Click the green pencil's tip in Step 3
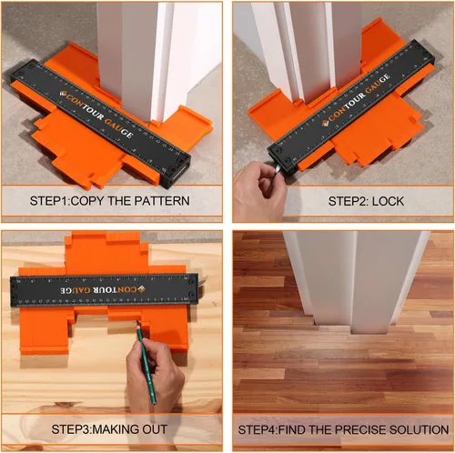point(137,322)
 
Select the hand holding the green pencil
point(155,376)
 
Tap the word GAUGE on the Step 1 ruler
point(118,128)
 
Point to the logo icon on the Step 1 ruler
point(63,94)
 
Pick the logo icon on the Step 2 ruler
point(325,123)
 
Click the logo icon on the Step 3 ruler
point(142,289)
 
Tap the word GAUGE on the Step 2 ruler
point(378,84)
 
